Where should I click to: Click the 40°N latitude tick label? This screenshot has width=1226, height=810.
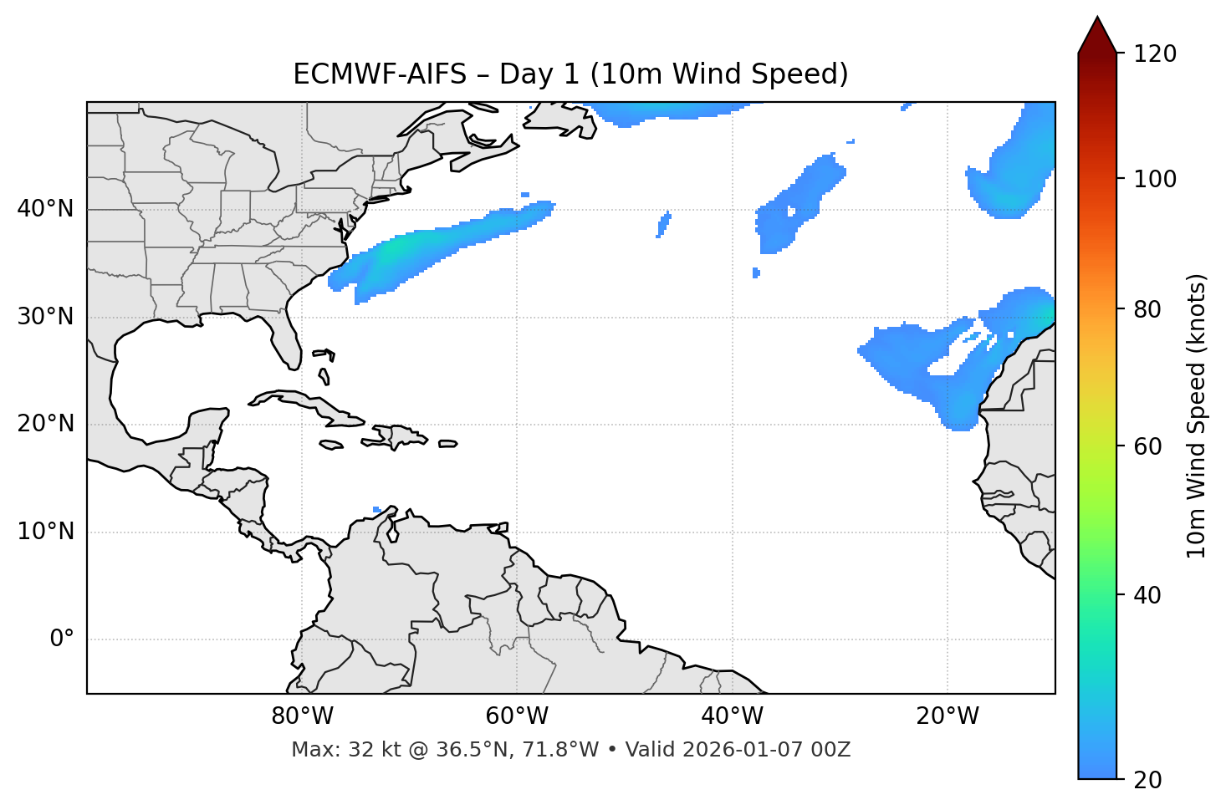[45, 209]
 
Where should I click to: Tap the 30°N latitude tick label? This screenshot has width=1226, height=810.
[45, 317]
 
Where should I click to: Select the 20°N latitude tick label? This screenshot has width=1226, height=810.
[45, 425]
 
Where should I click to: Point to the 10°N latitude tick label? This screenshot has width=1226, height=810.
[45, 532]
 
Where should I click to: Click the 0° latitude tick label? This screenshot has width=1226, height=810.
[61, 639]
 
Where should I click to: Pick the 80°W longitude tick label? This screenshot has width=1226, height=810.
[302, 716]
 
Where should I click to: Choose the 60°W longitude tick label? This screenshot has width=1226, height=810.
[517, 716]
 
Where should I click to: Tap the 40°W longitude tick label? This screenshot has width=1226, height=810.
[732, 716]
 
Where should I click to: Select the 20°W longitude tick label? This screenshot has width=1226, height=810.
[947, 716]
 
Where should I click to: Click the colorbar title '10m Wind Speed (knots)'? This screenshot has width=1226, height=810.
[1197, 415]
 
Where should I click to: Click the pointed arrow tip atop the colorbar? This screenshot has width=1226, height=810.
[1097, 20]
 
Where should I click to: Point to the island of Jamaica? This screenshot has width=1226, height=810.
[331, 446]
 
